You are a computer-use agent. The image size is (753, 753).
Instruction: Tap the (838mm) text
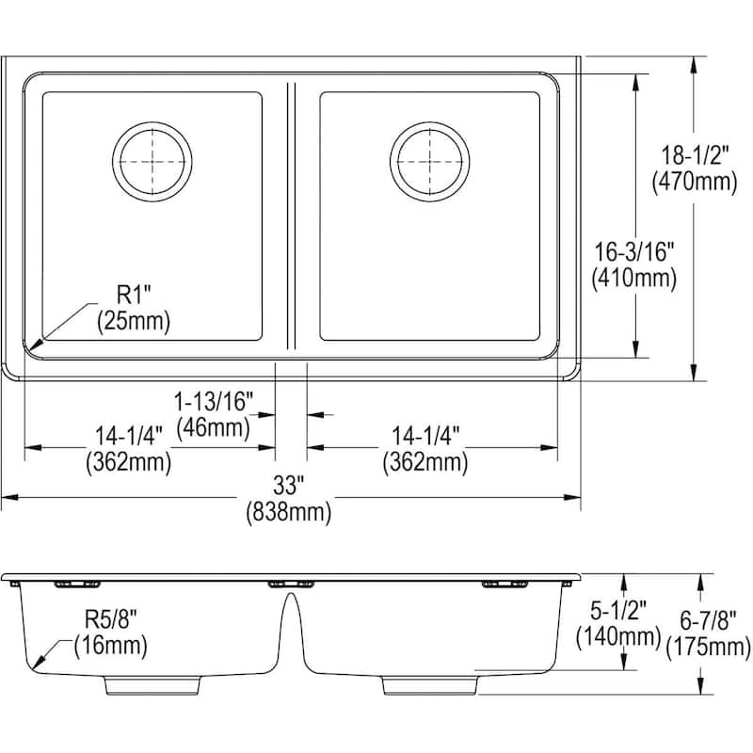point(289,513)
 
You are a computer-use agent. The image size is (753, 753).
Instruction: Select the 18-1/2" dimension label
point(695,155)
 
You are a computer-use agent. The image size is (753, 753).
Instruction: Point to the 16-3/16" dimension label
point(633,251)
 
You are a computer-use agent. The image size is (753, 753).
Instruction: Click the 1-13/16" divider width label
point(214,402)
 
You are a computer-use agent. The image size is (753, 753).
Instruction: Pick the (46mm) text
point(214,428)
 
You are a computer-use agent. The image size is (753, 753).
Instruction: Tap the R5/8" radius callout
point(111,619)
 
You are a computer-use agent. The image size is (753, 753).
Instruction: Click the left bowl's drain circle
point(152,161)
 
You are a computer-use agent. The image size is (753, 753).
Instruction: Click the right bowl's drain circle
point(430,161)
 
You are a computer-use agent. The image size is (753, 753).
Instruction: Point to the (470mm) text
point(695,182)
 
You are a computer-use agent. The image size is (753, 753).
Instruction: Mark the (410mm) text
point(633,278)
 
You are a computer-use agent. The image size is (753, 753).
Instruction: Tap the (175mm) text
point(709,648)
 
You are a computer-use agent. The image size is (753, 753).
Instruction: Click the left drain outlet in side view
point(152,685)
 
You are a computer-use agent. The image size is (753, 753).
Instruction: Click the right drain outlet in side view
point(430,685)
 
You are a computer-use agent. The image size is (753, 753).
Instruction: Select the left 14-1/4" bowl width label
point(129,436)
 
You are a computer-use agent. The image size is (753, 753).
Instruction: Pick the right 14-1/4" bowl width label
point(425,436)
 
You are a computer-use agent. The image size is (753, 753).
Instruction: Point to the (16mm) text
point(111,646)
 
